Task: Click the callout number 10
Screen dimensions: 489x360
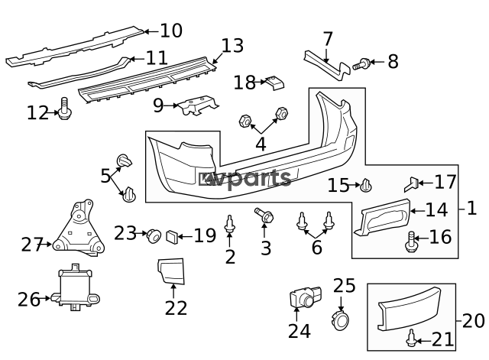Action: tap(171, 31)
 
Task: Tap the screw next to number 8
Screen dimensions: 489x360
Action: tap(361, 64)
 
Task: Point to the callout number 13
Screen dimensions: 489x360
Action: tap(232, 46)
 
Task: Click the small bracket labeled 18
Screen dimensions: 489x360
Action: tap(275, 83)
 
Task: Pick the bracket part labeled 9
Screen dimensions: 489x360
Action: tap(197, 105)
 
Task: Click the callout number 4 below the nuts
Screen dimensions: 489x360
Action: tap(261, 144)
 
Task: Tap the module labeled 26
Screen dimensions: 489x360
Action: tap(76, 287)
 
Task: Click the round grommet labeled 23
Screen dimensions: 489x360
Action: tap(154, 236)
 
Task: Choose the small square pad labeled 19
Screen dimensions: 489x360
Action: tap(171, 236)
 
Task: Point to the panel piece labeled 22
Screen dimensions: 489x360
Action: tap(171, 271)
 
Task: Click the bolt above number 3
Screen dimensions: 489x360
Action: tap(264, 216)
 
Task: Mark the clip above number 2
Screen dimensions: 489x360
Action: tap(230, 224)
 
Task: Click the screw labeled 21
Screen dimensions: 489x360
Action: tap(412, 338)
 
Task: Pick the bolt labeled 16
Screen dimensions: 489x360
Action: tap(410, 242)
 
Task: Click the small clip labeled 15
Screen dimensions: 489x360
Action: tap(366, 185)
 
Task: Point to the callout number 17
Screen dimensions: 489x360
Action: tap(445, 182)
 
